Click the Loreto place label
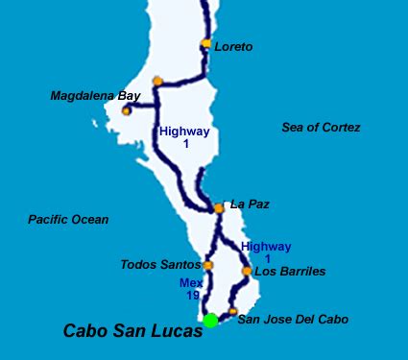pyautogui.click(x=233, y=46)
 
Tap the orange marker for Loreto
pyautogui.click(x=206, y=44)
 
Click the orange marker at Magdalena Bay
pyautogui.click(x=126, y=111)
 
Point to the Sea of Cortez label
pyautogui.click(x=321, y=127)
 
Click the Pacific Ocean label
pyautogui.click(x=68, y=219)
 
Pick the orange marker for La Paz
pyautogui.click(x=220, y=206)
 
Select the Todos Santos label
pyautogui.click(x=160, y=264)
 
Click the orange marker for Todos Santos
pyautogui.click(x=207, y=265)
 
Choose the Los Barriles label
pyautogui.click(x=289, y=272)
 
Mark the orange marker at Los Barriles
pyautogui.click(x=247, y=272)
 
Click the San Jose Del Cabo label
pyautogui.click(x=292, y=319)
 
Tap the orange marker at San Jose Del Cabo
pyautogui.click(x=232, y=312)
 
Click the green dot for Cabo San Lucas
pyautogui.click(x=210, y=320)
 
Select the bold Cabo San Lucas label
pyautogui.click(x=132, y=331)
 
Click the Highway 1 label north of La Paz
pyautogui.click(x=184, y=137)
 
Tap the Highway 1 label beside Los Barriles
pyautogui.click(x=266, y=252)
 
